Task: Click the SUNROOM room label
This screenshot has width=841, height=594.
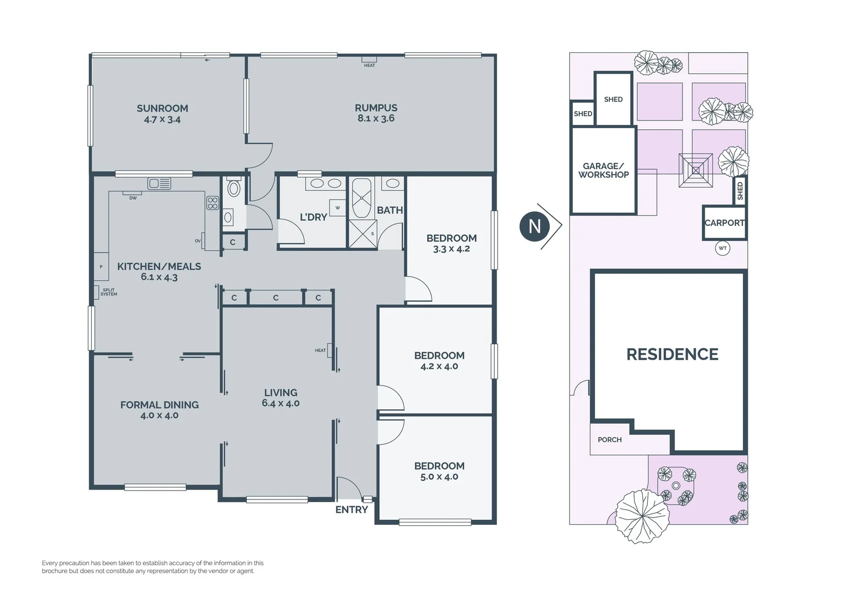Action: [162, 108]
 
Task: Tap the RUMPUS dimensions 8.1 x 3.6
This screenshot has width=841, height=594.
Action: [376, 118]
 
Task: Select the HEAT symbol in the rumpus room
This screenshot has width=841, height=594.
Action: [369, 60]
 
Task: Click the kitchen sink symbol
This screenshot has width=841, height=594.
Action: [159, 183]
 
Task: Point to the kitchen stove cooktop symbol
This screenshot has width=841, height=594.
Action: [212, 203]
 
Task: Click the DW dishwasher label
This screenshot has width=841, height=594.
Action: [133, 198]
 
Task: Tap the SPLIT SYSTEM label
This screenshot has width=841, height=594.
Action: [108, 292]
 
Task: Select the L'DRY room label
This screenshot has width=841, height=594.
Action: [313, 217]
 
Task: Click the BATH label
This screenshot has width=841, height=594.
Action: [390, 210]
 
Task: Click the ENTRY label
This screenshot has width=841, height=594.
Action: [352, 510]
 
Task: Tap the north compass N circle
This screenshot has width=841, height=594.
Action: [534, 226]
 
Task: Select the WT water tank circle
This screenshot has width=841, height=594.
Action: [723, 248]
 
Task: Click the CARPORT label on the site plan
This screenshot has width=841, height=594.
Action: [724, 223]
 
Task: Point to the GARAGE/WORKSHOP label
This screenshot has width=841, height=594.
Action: [603, 170]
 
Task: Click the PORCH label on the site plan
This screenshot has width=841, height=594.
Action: [609, 439]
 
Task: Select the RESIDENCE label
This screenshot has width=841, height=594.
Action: [672, 354]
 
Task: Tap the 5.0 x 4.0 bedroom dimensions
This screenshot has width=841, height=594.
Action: [439, 477]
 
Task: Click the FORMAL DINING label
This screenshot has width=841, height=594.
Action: [160, 405]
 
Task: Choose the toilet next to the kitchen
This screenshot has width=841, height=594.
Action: [234, 188]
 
